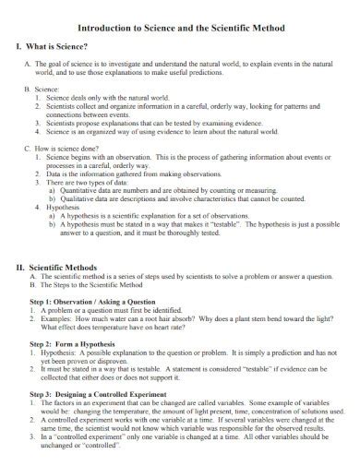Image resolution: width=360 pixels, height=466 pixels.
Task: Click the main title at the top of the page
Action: click(179, 28)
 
